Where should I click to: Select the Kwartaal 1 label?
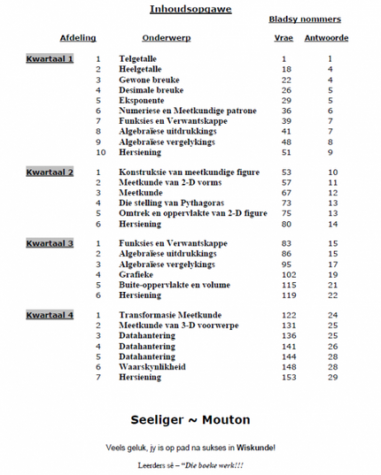[50, 58]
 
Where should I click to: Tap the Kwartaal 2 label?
[50, 172]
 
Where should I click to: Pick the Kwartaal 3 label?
[50, 242]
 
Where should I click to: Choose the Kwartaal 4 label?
[50, 315]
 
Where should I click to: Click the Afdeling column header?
[78, 39]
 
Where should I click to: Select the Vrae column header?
[284, 39]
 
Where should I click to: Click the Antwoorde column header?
[326, 39]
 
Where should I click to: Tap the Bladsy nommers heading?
[305, 19]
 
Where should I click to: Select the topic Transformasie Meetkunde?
[171, 315]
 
